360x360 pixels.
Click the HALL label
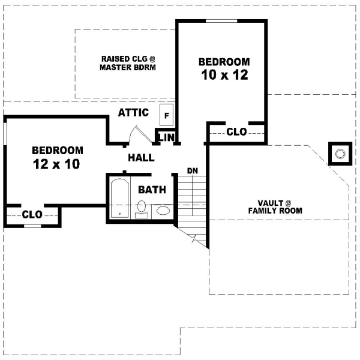(142, 158)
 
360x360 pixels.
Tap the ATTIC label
(133, 113)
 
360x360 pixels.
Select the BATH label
(152, 190)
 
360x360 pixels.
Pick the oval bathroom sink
(162, 211)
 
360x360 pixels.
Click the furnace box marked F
(166, 113)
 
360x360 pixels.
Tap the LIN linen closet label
(166, 138)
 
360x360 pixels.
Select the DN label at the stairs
(193, 171)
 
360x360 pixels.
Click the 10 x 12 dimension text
(224, 76)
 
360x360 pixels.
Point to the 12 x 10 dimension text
(56, 164)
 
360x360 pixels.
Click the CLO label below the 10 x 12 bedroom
(236, 132)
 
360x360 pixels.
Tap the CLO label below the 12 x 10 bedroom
(32, 214)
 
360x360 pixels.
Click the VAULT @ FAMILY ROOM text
(276, 206)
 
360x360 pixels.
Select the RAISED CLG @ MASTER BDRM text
(128, 63)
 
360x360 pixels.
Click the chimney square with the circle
(340, 154)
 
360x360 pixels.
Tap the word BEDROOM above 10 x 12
(224, 62)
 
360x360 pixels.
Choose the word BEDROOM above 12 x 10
(58, 150)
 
